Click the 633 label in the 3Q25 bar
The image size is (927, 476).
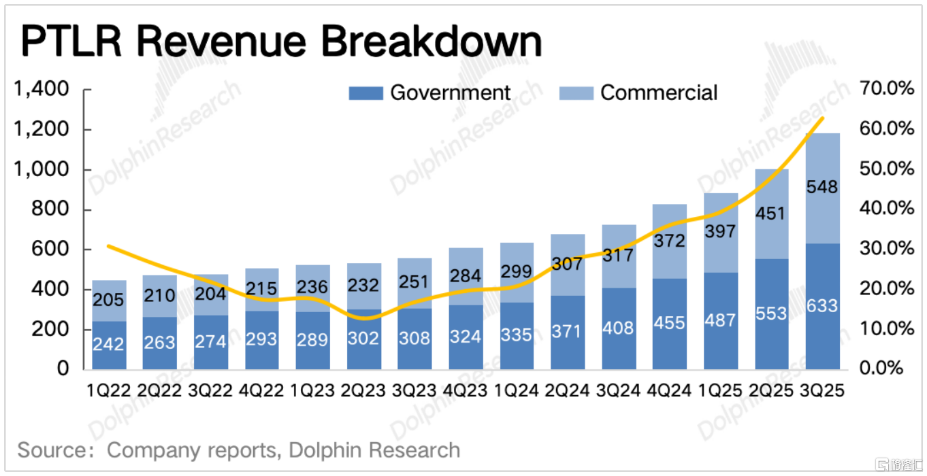coord(822,306)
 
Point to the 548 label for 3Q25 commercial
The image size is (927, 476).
coord(822,187)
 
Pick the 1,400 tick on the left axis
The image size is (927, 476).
coord(42,90)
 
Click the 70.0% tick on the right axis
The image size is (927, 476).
coord(885,90)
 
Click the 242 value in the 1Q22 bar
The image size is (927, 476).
coord(109,343)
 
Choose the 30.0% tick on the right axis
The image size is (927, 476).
coord(885,249)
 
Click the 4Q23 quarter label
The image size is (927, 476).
coord(466,391)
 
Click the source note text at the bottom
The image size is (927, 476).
coord(238,450)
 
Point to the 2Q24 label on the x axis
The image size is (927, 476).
coord(567,391)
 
